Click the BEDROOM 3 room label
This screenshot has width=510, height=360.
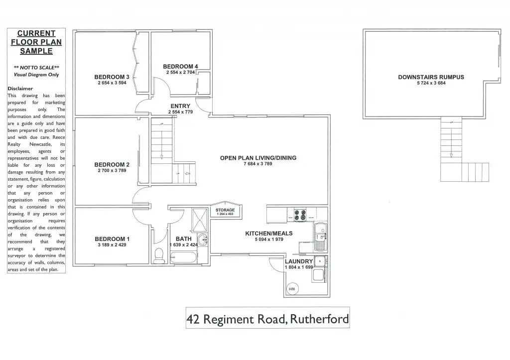coord(112,77)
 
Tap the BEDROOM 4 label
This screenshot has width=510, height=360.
coord(180,66)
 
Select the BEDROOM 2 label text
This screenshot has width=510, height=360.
coord(112,164)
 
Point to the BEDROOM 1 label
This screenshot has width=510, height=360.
coord(112,239)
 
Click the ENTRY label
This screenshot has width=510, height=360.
coord(180,106)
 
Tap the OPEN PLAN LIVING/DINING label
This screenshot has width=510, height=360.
coord(258,158)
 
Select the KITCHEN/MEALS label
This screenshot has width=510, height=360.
coord(268,233)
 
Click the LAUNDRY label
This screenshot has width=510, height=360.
coord(299,261)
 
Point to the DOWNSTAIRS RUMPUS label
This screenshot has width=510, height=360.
coord(431,77)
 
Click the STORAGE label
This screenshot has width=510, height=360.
coord(225,210)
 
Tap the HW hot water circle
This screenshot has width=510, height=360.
coord(292,289)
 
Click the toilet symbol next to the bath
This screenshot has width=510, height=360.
coord(159,255)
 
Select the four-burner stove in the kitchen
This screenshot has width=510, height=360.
coord(301,215)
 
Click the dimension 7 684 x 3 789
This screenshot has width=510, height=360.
coord(258,164)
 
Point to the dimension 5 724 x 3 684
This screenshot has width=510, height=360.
coord(431,83)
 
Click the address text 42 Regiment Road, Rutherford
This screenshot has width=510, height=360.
coord(267,319)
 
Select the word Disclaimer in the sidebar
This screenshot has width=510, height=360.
coord(20,89)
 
